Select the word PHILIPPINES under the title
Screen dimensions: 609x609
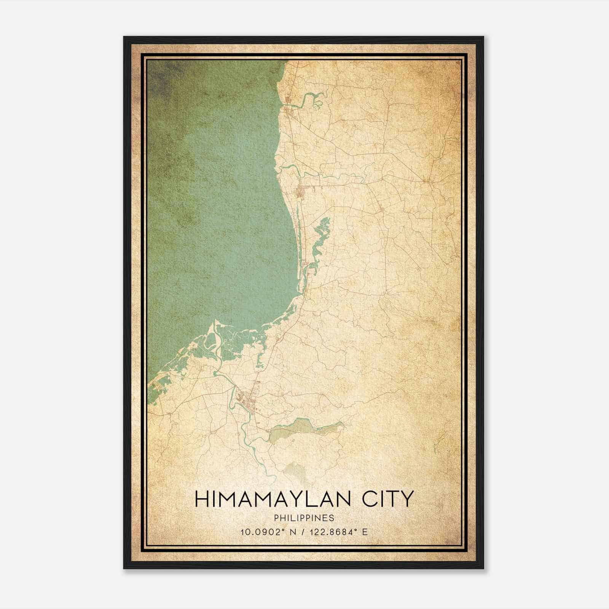click(x=304, y=518)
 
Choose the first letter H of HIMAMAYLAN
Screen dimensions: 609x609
click(x=202, y=499)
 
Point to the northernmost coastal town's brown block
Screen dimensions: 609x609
click(x=287, y=100)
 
